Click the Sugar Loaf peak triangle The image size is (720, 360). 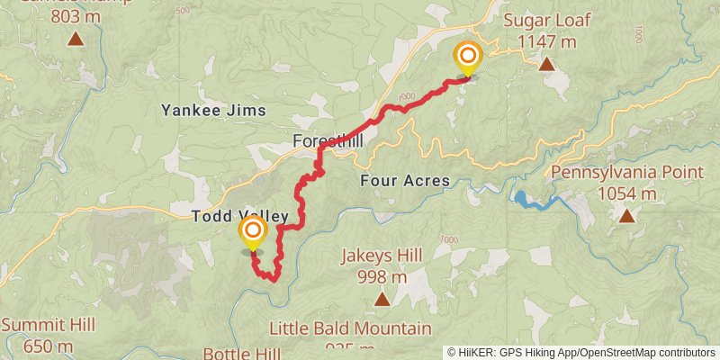click(546, 64)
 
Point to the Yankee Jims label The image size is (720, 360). click(213, 110)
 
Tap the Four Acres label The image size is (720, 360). click(404, 181)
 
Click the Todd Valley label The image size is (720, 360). click(239, 216)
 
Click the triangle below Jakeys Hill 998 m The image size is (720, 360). click(382, 299)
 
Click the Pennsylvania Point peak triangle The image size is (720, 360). click(625, 215)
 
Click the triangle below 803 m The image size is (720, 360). click(75, 39)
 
